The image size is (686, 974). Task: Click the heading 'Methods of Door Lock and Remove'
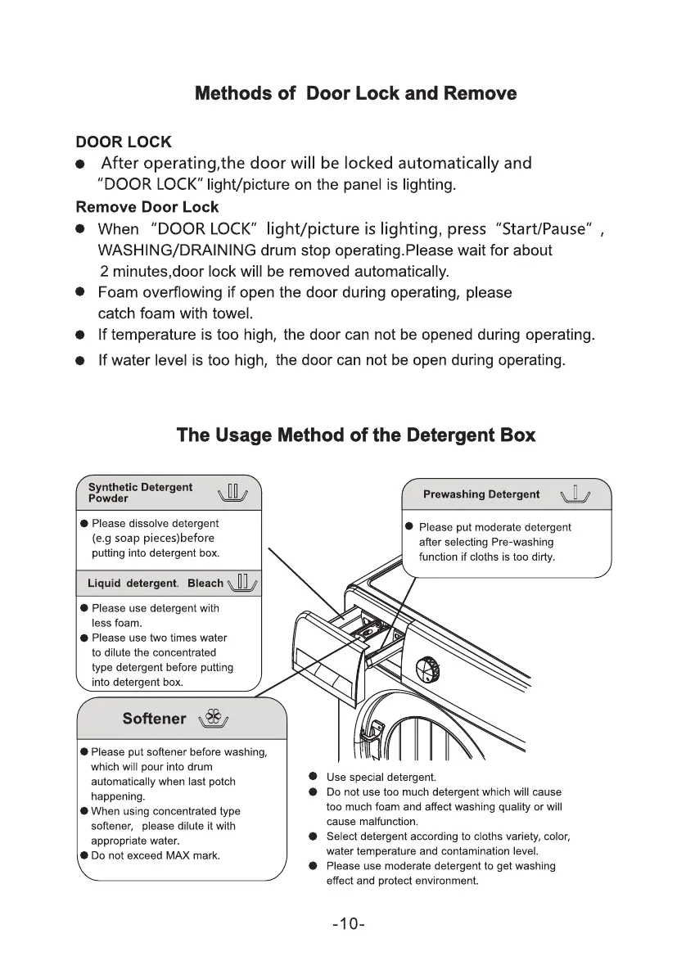click(x=355, y=93)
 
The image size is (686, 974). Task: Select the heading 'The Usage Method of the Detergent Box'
click(x=356, y=435)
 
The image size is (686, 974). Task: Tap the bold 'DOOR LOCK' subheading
click(x=124, y=142)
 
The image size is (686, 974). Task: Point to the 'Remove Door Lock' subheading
click(x=147, y=206)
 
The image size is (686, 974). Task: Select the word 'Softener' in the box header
click(x=154, y=719)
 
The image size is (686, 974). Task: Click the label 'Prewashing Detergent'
click(x=481, y=494)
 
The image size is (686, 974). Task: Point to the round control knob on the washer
click(x=427, y=668)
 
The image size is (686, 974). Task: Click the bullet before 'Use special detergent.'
click(x=313, y=777)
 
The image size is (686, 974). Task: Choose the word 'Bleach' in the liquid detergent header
click(x=205, y=583)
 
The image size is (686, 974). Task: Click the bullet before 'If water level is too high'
click(x=81, y=360)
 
